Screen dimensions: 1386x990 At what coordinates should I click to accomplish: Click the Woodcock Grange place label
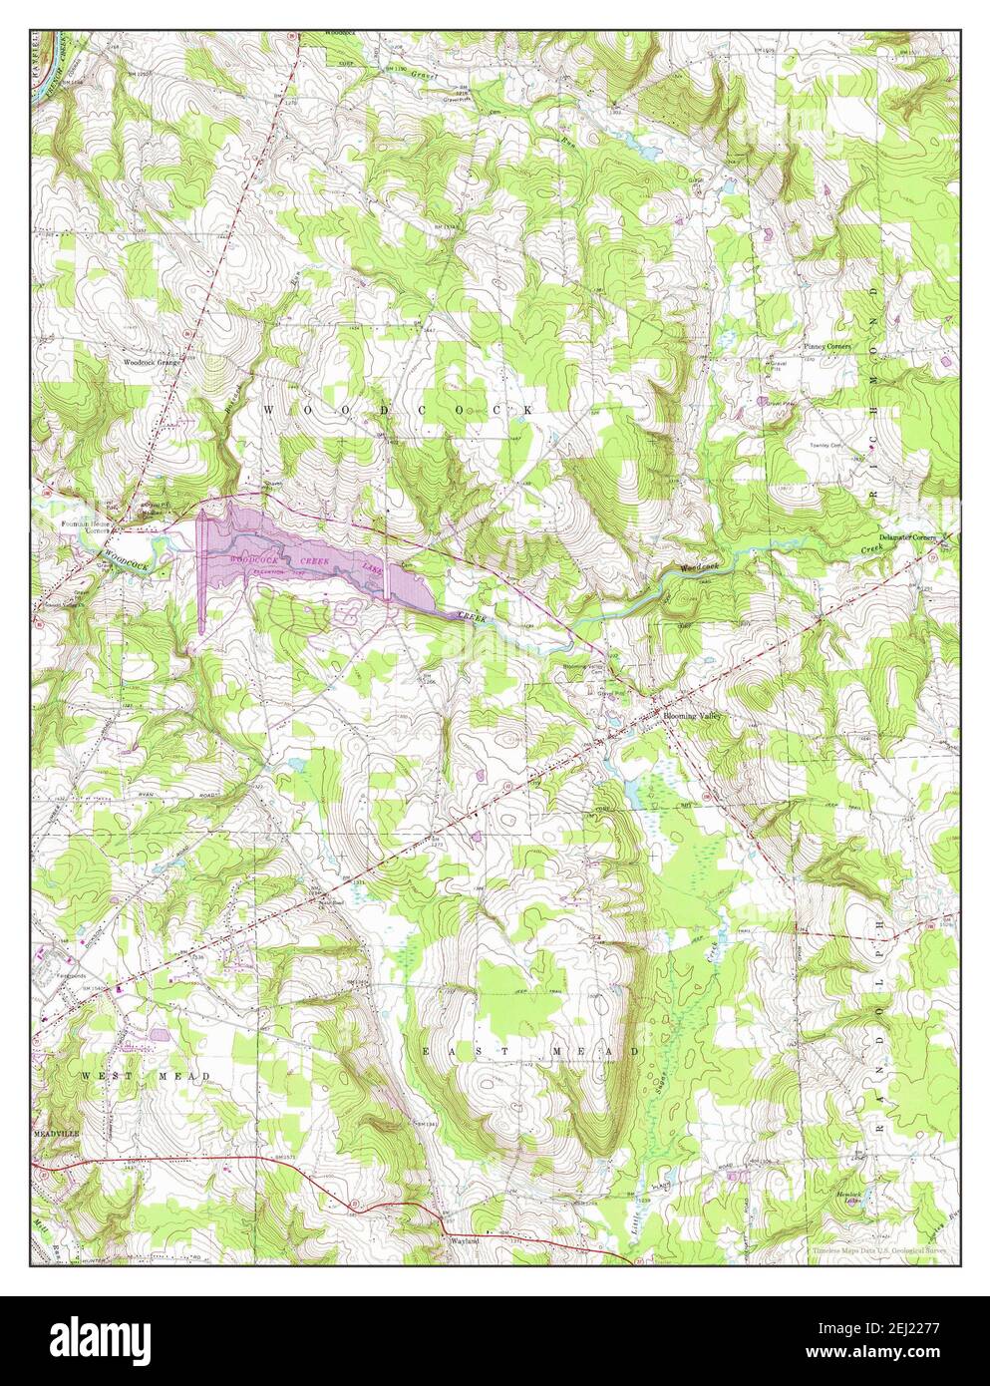click(152, 363)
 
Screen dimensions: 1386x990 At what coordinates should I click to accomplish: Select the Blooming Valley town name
click(692, 717)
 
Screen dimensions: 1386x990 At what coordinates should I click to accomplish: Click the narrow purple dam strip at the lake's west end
click(202, 568)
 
